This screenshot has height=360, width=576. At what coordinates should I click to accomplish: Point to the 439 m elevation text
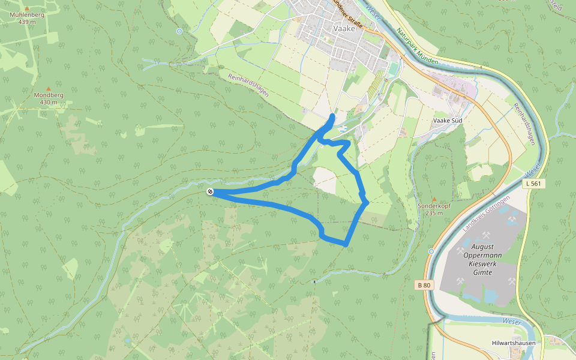(28, 22)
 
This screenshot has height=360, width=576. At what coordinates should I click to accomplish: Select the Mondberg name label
(49, 95)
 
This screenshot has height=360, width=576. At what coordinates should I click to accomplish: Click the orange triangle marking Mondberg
(49, 88)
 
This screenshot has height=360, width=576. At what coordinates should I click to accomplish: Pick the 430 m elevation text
(49, 102)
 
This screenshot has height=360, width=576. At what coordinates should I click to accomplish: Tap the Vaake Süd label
(447, 120)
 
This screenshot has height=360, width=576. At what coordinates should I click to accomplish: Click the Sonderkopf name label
(433, 206)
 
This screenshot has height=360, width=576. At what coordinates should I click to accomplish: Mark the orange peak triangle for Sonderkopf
(434, 199)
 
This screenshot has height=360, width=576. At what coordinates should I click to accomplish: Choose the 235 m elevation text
(433, 213)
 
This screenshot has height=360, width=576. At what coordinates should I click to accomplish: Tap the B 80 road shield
(425, 284)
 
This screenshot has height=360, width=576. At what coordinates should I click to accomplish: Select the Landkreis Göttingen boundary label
(487, 214)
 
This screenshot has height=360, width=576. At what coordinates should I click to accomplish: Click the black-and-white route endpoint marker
(210, 191)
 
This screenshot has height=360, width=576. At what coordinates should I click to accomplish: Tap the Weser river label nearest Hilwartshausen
(512, 322)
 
